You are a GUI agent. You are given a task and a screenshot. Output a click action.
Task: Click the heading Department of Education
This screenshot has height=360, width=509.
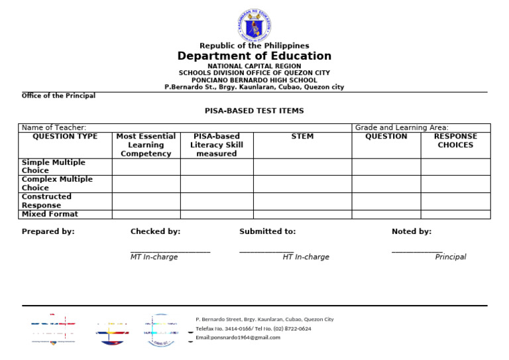[x=254, y=56]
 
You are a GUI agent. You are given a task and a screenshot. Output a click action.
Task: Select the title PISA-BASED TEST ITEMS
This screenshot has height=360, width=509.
[x=254, y=111]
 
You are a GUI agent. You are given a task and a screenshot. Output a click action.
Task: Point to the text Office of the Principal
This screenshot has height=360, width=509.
[x=58, y=95]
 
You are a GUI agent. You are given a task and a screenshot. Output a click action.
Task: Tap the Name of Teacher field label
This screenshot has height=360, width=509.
[x=54, y=127]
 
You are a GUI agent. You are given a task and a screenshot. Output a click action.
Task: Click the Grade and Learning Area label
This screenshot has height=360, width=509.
[x=402, y=127]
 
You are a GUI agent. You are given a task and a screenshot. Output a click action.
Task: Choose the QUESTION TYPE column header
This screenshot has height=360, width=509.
[x=65, y=137]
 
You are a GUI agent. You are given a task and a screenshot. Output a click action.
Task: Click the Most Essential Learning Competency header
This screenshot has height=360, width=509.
[x=146, y=145]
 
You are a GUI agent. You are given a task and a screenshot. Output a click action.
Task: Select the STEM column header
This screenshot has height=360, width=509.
[x=302, y=137]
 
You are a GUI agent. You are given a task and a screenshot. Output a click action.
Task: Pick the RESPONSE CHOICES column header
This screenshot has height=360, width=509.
[x=455, y=141]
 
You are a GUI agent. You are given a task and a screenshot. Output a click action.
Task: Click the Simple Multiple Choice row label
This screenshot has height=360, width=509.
[x=54, y=166]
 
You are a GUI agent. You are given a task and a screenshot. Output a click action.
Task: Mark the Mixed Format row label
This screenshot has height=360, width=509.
[x=50, y=214]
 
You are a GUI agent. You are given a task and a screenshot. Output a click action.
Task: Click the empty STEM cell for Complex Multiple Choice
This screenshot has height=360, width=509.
[x=302, y=184]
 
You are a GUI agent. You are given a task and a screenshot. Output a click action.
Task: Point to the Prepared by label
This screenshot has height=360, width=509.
[x=48, y=231]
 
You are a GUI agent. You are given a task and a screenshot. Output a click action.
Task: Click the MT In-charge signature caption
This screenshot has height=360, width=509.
[x=154, y=257]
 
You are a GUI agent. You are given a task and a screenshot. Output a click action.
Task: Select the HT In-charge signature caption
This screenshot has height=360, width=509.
[x=306, y=257]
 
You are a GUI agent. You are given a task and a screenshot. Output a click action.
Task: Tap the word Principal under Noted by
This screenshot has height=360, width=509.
[x=451, y=257]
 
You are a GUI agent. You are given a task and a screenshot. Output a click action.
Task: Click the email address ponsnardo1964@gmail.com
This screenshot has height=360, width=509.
[x=238, y=337]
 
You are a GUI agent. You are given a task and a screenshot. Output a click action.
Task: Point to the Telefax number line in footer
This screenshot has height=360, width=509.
[x=253, y=328]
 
